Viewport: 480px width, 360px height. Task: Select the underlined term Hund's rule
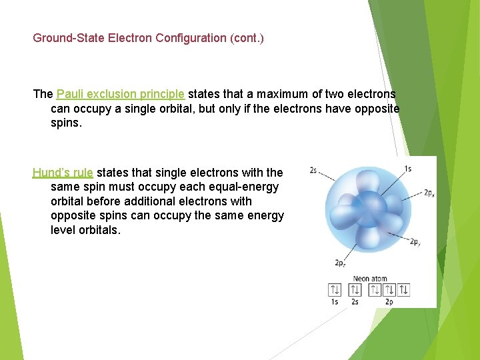pyautogui.click(x=63, y=173)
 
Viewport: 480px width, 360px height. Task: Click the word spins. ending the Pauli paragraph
pyautogui.click(x=66, y=123)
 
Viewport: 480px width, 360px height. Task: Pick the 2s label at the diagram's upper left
pyautogui.click(x=313, y=171)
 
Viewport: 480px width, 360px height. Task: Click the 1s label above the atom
pyautogui.click(x=407, y=169)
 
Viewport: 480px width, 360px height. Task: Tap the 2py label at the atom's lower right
pyautogui.click(x=415, y=242)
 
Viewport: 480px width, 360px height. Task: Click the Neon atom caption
pyautogui.click(x=370, y=279)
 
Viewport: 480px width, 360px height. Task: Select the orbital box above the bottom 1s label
pyautogui.click(x=335, y=290)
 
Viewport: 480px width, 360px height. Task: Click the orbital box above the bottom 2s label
pyautogui.click(x=355, y=290)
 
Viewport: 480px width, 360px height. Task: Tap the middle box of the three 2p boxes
pyautogui.click(x=389, y=290)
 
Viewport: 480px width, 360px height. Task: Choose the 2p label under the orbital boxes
pyautogui.click(x=389, y=302)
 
